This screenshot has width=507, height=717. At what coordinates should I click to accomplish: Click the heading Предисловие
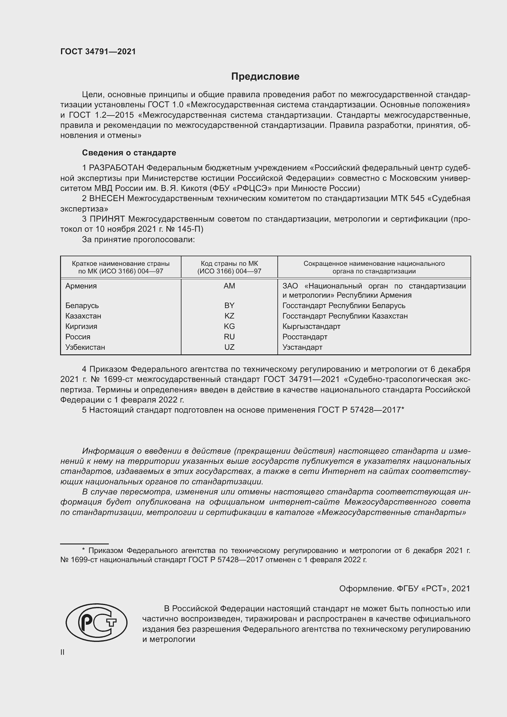[x=265, y=77]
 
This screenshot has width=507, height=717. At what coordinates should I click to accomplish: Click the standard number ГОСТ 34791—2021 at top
[x=98, y=51]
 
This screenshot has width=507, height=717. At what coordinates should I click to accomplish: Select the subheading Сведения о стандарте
[x=129, y=153]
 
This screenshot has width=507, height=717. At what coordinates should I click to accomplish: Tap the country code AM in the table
[x=229, y=286]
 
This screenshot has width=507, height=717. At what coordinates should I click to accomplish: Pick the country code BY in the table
[x=229, y=305]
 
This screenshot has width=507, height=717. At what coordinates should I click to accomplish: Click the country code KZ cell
[x=229, y=316]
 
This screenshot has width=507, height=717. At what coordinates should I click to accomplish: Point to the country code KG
[x=229, y=326]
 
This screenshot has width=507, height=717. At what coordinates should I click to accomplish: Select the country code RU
[x=229, y=337]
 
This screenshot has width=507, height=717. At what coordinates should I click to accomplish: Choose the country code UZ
[x=229, y=347]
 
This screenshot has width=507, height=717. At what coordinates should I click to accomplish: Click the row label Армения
[x=81, y=286]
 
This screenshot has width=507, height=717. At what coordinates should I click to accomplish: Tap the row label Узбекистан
[x=85, y=347]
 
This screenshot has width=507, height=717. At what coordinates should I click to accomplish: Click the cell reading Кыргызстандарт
[x=311, y=326]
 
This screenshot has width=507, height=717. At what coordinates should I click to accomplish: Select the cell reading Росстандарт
[x=305, y=337]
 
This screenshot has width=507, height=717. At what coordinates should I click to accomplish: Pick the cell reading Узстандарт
[x=302, y=347]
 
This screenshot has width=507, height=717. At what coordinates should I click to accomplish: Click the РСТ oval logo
[x=97, y=623]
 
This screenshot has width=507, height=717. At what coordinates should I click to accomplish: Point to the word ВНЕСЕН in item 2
[x=107, y=199]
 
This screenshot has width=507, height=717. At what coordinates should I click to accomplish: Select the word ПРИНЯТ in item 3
[x=107, y=219]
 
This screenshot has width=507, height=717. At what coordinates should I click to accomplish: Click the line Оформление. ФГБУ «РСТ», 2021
[x=404, y=589]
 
